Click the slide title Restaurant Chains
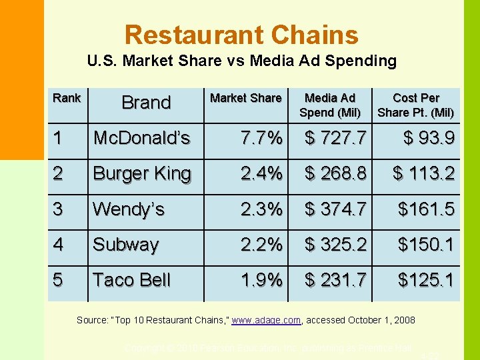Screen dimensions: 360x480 click(x=241, y=35)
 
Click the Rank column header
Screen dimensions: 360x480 click(x=67, y=98)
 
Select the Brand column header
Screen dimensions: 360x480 click(x=146, y=103)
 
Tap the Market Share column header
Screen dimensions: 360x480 click(x=245, y=98)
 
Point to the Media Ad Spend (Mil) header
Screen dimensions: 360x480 click(x=330, y=105)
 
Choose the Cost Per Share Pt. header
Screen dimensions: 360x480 click(x=415, y=105)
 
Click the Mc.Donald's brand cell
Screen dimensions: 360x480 click(x=141, y=138)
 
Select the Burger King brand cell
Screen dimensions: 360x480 click(x=141, y=173)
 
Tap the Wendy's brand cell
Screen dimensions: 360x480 click(x=128, y=209)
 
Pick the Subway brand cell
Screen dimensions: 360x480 click(x=125, y=245)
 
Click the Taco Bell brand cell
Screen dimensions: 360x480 click(x=131, y=280)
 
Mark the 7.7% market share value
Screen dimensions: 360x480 click(x=261, y=138)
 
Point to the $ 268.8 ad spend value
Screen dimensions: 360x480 click(x=335, y=173)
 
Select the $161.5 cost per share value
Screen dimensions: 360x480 click(x=426, y=209)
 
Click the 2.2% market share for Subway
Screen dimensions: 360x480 click(x=261, y=245)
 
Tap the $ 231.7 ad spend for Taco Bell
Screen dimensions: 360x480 click(x=335, y=280)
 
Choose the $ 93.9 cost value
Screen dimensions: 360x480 click(x=429, y=138)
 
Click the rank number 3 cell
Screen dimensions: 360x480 click(x=58, y=209)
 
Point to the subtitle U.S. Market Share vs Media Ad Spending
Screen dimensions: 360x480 click(x=241, y=61)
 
